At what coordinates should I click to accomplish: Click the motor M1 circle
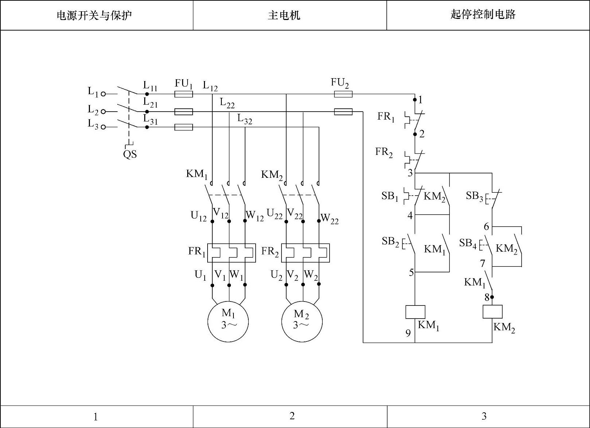point(228,321)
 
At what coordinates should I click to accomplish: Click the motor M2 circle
point(302,321)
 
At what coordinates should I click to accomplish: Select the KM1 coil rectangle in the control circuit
point(415,312)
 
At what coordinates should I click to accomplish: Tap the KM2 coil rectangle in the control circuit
point(492,312)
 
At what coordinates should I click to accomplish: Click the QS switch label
point(130,155)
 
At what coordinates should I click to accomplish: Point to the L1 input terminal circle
point(103,94)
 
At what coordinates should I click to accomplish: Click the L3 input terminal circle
point(103,127)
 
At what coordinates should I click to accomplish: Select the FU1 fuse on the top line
point(184,94)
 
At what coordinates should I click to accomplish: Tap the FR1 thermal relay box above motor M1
point(231,253)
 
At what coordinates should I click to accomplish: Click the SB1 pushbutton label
point(390,196)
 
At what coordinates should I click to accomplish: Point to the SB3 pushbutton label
point(475,196)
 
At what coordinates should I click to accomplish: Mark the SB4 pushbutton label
point(468,243)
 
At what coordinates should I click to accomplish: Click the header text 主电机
point(284,15)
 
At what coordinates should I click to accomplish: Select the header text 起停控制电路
point(483,15)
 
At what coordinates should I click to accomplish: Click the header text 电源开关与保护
point(94,16)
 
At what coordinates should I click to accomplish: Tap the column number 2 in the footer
point(292,416)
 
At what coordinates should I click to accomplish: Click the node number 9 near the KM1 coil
point(408,333)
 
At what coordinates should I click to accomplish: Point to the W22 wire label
point(330,219)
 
